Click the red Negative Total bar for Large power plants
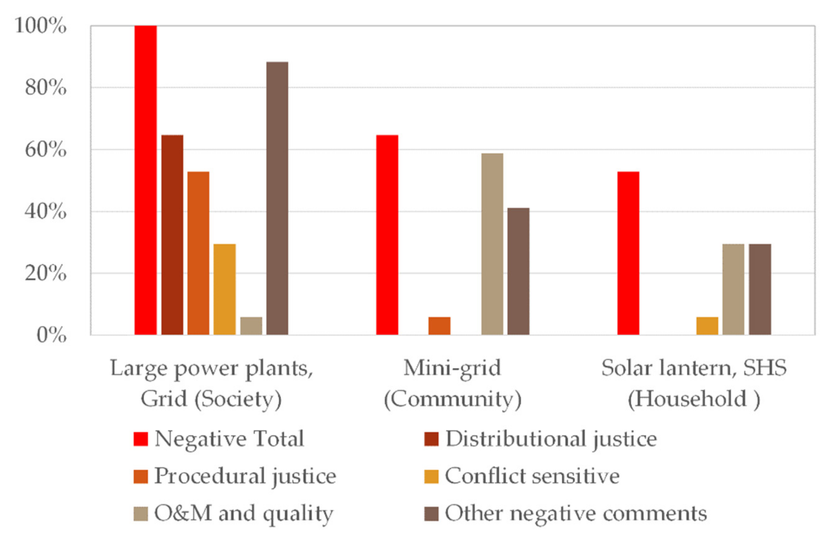(x=145, y=180)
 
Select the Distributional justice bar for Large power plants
(x=172, y=235)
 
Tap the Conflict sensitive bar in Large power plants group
(x=224, y=289)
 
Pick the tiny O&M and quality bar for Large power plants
(x=251, y=326)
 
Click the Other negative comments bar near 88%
(x=277, y=198)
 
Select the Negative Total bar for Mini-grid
(x=387, y=235)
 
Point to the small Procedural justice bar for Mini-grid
(x=439, y=326)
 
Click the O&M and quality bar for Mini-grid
(x=492, y=244)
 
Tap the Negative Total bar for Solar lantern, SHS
(x=628, y=253)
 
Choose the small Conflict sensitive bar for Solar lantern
(x=707, y=326)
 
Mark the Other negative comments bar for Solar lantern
(x=760, y=289)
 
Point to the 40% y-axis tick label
(x=45, y=212)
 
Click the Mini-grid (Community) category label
(x=452, y=383)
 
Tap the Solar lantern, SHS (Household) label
(x=694, y=383)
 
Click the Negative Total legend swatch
(x=140, y=439)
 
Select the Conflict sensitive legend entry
(x=531, y=476)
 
